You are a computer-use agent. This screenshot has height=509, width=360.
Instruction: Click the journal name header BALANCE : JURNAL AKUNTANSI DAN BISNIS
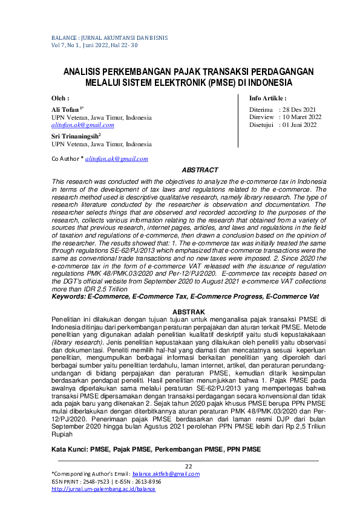pos(100,37)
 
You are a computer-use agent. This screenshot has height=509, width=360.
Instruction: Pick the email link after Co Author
pos(117,158)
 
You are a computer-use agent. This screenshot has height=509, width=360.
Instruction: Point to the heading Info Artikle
pos(267,98)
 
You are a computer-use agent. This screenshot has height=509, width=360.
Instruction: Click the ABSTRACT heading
pos(200,170)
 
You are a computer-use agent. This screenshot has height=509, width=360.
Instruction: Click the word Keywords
pos(68,297)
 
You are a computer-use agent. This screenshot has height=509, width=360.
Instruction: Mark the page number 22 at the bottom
pos(188,465)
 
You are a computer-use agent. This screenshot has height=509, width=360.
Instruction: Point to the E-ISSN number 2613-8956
pos(148,482)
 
